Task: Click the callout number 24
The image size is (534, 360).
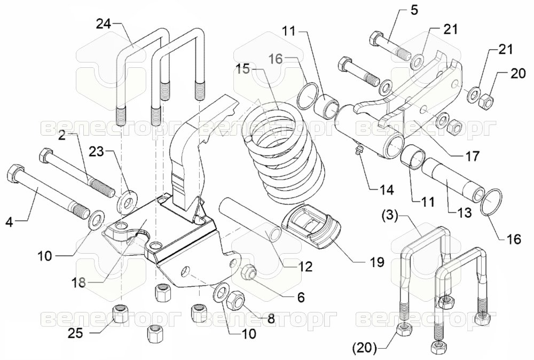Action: [104, 25]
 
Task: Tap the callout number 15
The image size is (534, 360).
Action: [244, 69]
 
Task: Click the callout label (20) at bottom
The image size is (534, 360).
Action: [365, 348]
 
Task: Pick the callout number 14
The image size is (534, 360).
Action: [387, 190]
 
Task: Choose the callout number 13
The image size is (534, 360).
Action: [465, 213]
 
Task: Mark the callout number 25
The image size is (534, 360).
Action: [75, 333]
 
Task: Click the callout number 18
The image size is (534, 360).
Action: [79, 283]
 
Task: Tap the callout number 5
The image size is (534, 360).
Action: [414, 11]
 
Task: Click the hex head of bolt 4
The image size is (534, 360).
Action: [15, 173]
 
